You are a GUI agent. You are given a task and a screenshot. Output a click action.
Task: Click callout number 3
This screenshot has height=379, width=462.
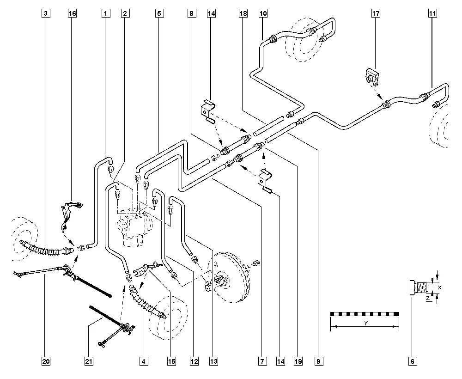click(45, 14)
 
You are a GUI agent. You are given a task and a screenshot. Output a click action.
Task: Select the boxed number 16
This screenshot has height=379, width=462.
click(72, 14)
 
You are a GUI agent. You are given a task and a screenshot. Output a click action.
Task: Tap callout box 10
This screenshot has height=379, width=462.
click(263, 14)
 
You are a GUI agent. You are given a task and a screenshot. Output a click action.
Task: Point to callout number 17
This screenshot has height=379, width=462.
click(376, 14)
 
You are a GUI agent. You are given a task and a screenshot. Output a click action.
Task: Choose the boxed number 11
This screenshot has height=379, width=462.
click(432, 14)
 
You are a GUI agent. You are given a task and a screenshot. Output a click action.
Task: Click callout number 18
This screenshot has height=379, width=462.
click(243, 14)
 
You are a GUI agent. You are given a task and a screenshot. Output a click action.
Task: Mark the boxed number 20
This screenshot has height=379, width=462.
click(45, 361)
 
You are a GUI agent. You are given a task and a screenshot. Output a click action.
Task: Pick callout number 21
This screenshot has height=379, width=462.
click(88, 361)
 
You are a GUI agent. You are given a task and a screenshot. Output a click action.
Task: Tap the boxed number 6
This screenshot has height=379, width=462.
click(413, 361)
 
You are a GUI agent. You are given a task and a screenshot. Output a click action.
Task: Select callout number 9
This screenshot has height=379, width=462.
click(319, 361)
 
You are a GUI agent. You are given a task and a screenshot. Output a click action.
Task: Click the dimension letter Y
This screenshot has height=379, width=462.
click(365, 324)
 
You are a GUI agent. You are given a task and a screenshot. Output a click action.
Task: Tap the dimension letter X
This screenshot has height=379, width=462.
click(439, 287)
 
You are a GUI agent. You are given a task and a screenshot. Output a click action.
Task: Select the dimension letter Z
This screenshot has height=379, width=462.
click(428, 299)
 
